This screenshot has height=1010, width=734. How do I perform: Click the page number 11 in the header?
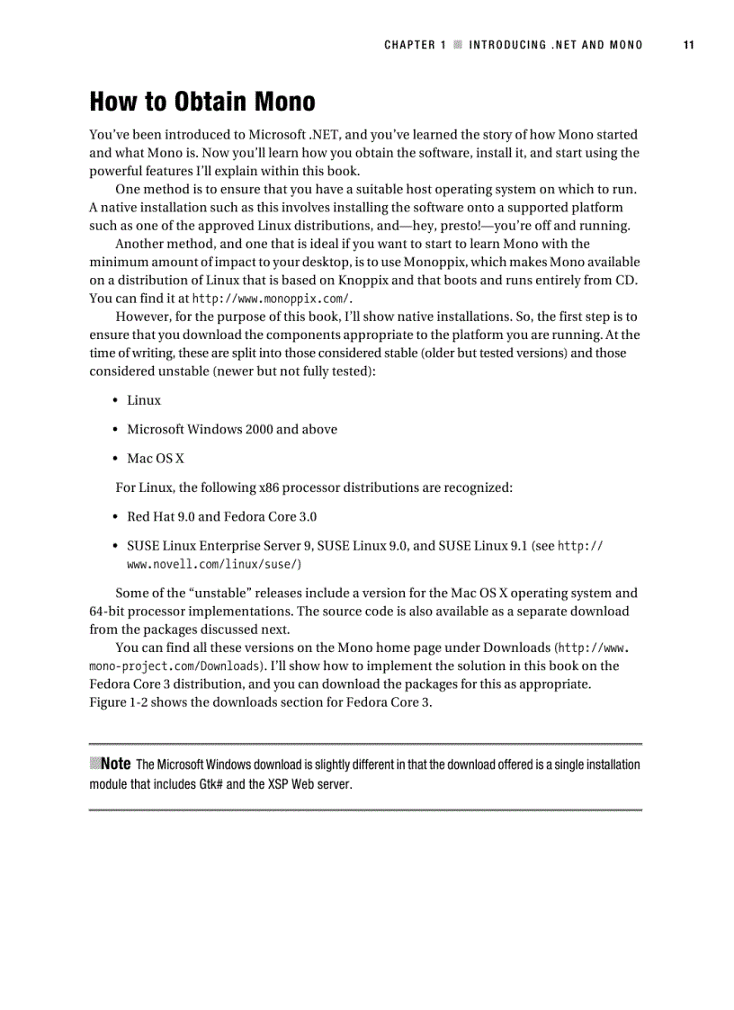(x=688, y=45)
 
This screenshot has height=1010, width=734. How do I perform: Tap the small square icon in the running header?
(x=458, y=45)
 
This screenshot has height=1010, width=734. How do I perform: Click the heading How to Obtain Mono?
(x=201, y=101)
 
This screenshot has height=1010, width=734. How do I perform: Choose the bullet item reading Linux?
(x=144, y=400)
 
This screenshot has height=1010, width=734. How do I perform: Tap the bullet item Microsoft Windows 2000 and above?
(x=232, y=429)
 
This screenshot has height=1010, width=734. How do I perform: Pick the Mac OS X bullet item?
(x=156, y=459)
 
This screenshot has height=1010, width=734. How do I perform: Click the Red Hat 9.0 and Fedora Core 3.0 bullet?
(x=221, y=517)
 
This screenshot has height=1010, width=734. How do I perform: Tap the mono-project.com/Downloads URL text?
(x=177, y=666)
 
